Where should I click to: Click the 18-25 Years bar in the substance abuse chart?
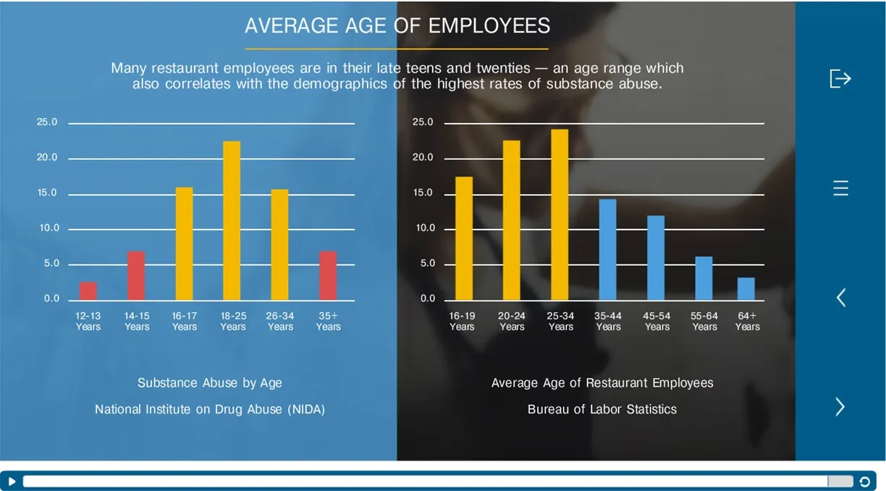coord(232,220)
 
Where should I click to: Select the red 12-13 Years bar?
coord(88,290)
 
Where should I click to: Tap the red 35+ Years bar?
coord(328,275)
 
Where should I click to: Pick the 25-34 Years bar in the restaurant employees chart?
coord(560,214)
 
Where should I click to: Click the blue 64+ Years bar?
coord(746,288)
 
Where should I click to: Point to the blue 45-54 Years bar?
coord(656,257)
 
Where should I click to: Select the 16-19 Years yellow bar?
coord(464,238)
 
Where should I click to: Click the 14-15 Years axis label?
coord(137,322)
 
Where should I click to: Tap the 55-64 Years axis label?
coord(704,322)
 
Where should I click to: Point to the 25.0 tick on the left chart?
coord(47,122)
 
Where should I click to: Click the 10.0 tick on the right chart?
coord(423,228)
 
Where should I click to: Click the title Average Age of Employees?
coord(397,26)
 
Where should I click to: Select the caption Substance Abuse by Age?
coord(210,383)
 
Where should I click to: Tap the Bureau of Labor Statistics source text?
coord(602,409)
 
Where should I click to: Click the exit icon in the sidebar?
coord(840,78)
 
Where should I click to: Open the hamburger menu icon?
coord(840,188)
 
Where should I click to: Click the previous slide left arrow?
coord(840,297)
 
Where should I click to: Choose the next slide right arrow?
coord(840,407)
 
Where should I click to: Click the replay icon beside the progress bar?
coord(864,482)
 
